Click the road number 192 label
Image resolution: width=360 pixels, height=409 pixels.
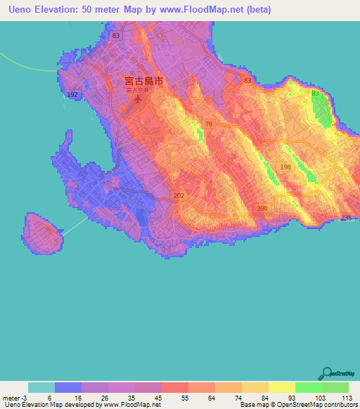tap(72, 93)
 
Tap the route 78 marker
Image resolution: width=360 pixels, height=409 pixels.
tap(209, 124)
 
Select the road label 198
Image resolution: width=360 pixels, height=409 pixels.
tap(285, 167)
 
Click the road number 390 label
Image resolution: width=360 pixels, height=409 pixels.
tap(262, 209)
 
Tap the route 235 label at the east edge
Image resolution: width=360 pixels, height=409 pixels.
tap(346, 217)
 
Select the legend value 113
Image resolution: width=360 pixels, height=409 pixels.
tap(347, 397)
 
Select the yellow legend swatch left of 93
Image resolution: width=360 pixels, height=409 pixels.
tap(255, 387)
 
